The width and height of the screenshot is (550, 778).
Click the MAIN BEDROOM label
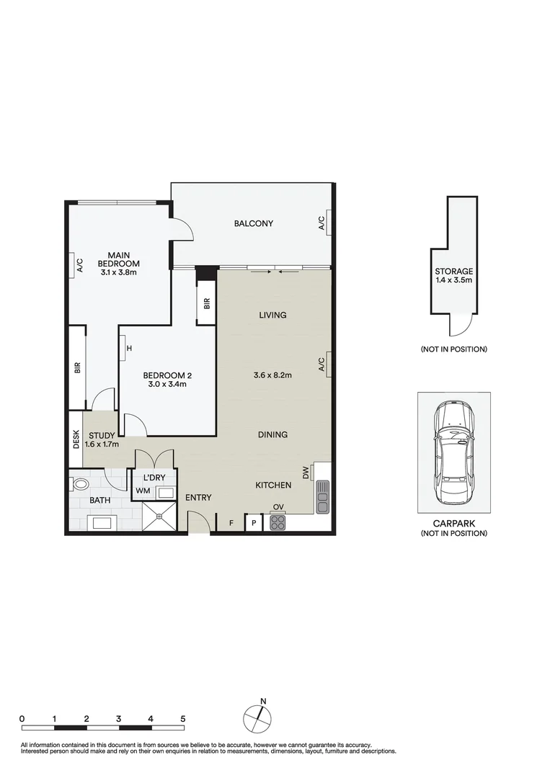(119, 263)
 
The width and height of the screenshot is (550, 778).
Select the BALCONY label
(253, 223)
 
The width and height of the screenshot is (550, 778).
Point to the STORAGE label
(453, 275)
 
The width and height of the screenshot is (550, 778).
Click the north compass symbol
(258, 717)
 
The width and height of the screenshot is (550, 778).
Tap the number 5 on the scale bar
(183, 718)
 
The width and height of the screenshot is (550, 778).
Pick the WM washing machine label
(143, 492)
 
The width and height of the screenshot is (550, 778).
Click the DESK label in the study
(76, 439)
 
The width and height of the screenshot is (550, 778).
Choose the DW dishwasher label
(306, 473)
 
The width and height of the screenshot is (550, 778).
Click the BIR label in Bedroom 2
(206, 304)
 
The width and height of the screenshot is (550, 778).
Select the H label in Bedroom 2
(129, 349)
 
